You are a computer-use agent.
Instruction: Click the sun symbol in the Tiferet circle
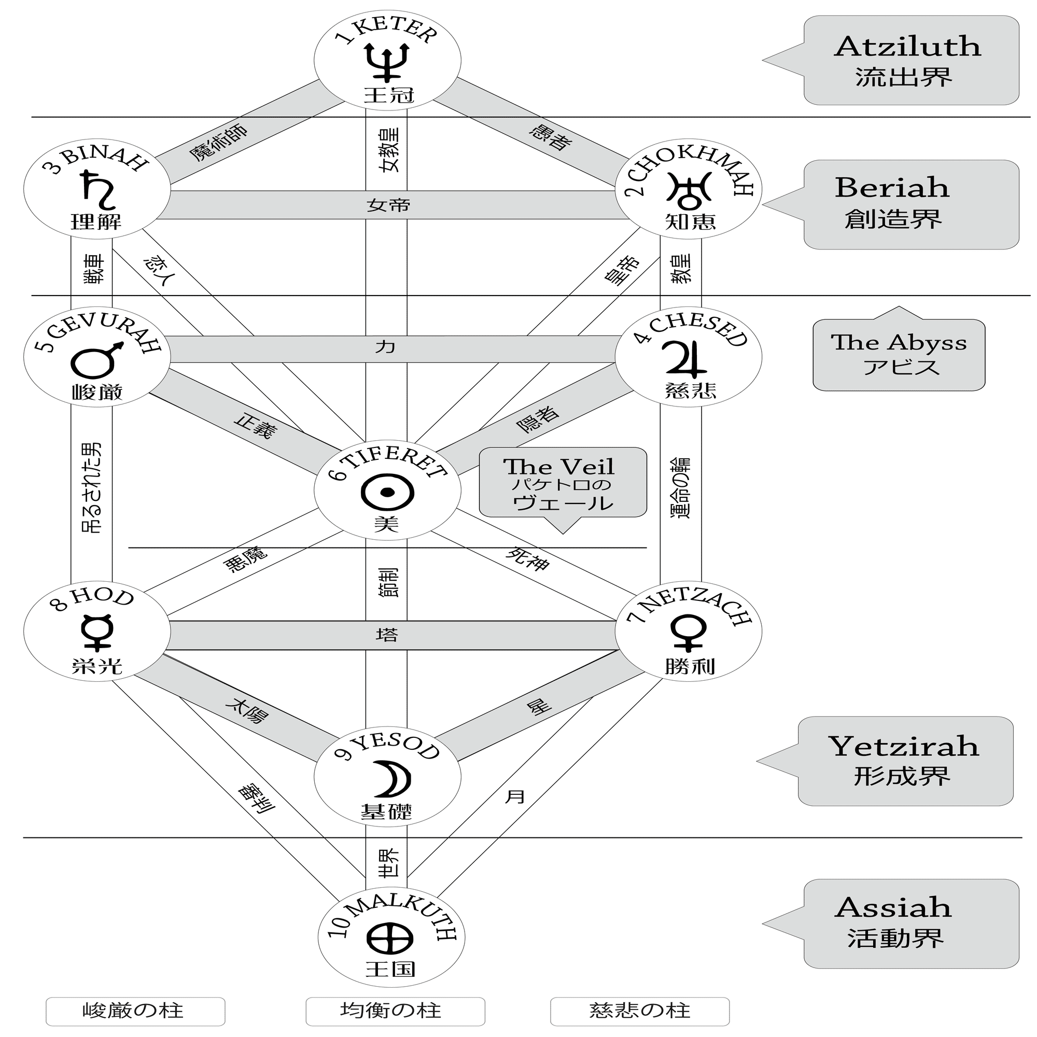coord(387,492)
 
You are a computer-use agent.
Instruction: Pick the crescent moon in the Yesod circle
coord(396,779)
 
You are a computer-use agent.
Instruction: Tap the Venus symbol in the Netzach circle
coord(688,633)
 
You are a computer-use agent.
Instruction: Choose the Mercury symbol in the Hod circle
coord(96,633)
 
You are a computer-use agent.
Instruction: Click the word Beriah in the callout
coord(892,187)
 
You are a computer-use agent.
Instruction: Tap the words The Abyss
coord(899,342)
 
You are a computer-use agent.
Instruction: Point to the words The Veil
coord(558,467)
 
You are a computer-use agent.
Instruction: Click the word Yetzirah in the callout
coord(903,747)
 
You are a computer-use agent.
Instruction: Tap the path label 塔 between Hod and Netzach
coord(387,635)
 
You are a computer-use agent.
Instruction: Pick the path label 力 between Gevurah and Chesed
coord(385,347)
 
